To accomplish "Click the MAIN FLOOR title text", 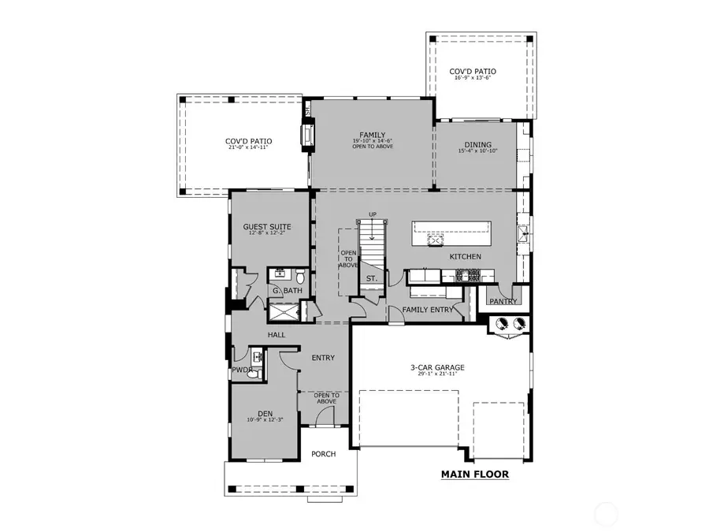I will coord(474,474).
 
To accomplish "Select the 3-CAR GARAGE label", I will coord(437,367).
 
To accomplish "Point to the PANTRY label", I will coord(503,301).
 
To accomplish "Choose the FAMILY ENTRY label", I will coord(428,310).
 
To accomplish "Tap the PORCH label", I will coord(323,454).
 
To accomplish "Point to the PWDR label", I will coord(241,370).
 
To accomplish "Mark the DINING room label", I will coord(477,145).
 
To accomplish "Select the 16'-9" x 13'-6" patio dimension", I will coord(473,80).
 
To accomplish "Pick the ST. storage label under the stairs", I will coord(372,278).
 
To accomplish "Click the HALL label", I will coord(276,335).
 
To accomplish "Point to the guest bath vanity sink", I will coord(279,275).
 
